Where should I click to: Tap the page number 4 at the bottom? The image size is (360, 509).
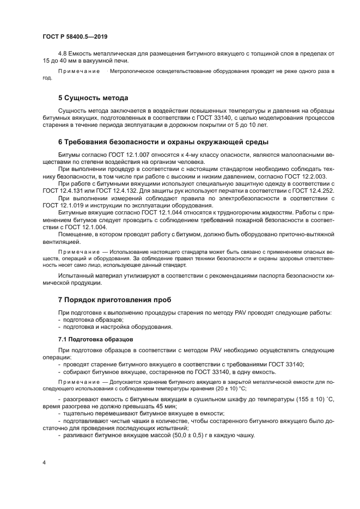click(x=44, y=463)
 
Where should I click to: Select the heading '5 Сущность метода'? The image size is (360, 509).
click(x=93, y=98)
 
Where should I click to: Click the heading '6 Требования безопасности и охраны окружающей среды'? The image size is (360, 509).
click(x=163, y=142)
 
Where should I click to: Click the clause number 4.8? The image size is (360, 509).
click(x=63, y=53)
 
